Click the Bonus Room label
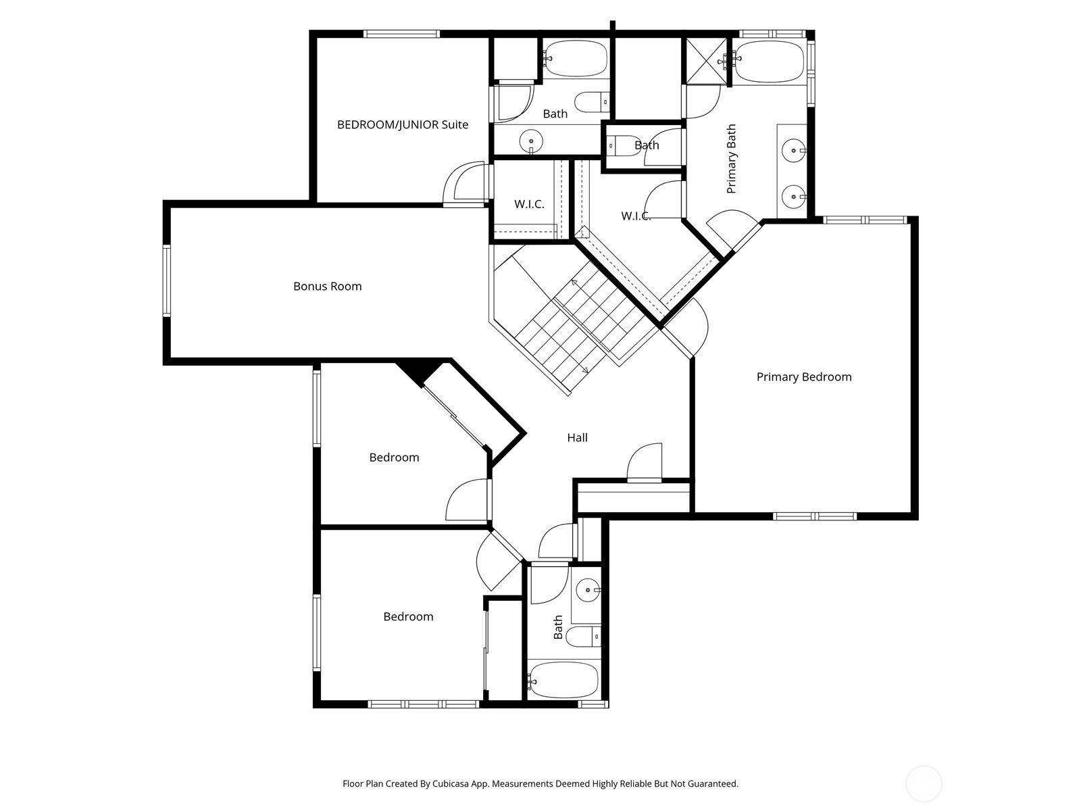point(327,286)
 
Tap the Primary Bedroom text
point(803,376)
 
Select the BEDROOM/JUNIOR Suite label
point(402,124)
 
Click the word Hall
point(577,437)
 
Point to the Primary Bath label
point(731,159)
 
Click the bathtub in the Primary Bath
point(769,62)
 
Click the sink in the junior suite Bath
point(532,142)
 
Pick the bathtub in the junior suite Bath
point(576,59)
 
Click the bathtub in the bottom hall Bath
point(563,680)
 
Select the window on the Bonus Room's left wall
point(167,280)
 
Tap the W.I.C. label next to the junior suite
point(529,204)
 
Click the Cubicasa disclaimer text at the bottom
point(540,784)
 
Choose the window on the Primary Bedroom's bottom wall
point(815,516)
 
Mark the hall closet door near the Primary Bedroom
point(645,465)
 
